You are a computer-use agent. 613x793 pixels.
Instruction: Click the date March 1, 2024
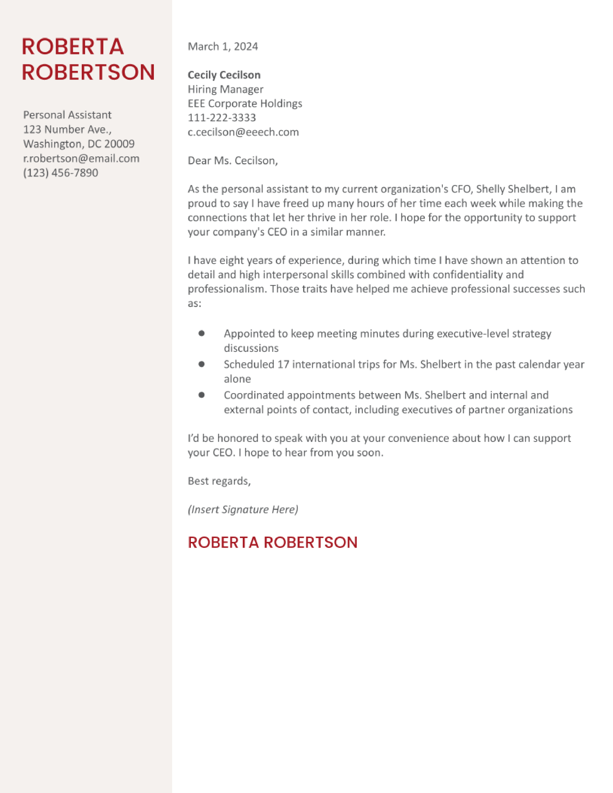(x=223, y=46)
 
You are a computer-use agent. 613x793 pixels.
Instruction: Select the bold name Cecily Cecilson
(x=224, y=75)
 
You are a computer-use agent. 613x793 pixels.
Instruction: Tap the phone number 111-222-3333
(x=222, y=118)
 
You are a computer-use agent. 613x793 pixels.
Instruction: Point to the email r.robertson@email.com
(x=81, y=158)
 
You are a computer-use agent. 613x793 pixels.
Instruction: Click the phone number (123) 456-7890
(x=60, y=173)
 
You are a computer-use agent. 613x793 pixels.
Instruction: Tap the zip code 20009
(x=119, y=144)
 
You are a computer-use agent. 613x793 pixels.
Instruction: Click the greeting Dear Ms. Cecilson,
(x=232, y=161)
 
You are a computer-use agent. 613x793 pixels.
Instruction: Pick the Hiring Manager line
(x=225, y=89)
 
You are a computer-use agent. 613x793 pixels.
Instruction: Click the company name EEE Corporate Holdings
(x=245, y=104)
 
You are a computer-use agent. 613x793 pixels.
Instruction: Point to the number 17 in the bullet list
(x=283, y=364)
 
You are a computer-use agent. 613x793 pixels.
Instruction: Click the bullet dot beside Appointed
(x=201, y=333)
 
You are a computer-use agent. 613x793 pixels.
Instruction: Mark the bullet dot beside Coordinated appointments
(x=201, y=395)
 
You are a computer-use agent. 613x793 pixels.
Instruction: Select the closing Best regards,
(x=219, y=481)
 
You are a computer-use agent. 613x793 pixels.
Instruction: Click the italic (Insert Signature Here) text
(x=243, y=509)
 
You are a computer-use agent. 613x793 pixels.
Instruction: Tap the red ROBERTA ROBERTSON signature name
(x=272, y=542)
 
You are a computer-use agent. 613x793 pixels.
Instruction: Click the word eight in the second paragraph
(x=232, y=260)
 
